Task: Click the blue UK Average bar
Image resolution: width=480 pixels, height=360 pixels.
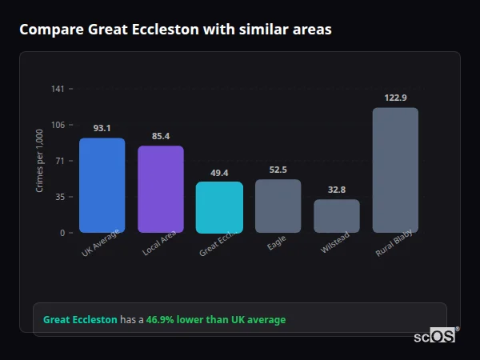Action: coord(102,186)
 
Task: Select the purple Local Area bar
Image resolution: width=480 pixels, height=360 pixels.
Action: coord(161,190)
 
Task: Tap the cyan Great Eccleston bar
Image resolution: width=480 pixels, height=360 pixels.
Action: coord(219,207)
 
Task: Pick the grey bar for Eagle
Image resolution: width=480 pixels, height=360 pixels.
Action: coord(278,206)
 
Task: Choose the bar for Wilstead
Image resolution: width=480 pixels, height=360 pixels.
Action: coord(337,216)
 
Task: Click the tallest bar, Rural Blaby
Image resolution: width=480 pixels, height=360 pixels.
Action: coord(395,170)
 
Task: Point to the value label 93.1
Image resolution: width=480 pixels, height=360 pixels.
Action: coord(102,128)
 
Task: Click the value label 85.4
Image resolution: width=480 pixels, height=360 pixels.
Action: coord(161,136)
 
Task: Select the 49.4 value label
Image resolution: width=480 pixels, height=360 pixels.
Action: coord(219,173)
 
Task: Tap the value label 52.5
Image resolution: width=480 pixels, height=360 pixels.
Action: coord(278,170)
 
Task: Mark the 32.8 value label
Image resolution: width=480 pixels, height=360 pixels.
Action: coord(337,190)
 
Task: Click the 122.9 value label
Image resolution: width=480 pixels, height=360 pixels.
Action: coord(395,98)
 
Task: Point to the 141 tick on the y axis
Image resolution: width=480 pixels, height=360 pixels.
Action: coord(58,89)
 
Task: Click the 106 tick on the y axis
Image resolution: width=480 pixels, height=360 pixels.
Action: coord(58,125)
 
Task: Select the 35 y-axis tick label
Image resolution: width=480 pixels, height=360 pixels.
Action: coord(60,197)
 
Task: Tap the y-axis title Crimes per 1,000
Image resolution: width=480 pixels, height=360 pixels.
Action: coord(39,160)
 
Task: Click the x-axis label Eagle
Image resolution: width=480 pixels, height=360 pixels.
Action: coord(277,242)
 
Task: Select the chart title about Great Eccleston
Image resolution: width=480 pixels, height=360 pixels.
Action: coord(175,30)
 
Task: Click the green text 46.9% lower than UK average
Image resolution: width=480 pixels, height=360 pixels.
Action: coord(215,320)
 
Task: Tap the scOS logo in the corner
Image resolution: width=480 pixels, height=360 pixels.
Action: coord(435,336)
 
